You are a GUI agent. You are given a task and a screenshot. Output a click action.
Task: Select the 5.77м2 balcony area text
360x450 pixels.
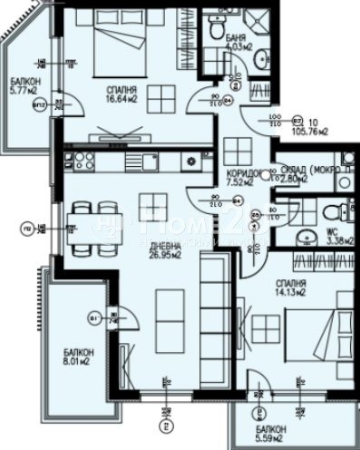click(x=21, y=91)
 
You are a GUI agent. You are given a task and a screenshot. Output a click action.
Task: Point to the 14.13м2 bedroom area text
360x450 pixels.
click(x=292, y=292)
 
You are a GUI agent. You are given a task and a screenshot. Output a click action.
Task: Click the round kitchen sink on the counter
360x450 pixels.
click(x=192, y=161)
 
